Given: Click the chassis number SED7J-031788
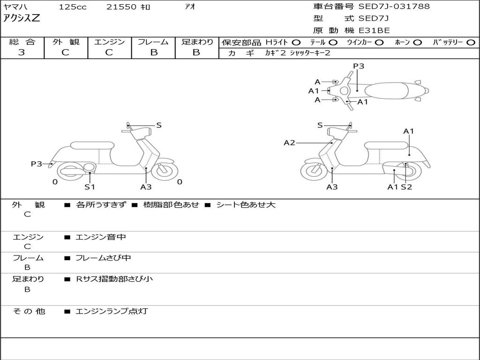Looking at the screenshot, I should (x=394, y=7).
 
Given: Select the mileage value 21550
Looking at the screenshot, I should (x=122, y=7).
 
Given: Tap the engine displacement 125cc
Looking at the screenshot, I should (x=73, y=7).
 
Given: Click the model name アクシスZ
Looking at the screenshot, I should (x=22, y=18).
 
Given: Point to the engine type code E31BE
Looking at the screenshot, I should (x=374, y=30).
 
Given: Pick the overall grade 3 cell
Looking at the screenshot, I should (x=22, y=52).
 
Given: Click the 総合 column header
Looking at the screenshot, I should (x=22, y=42).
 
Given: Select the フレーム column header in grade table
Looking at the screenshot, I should (x=153, y=42).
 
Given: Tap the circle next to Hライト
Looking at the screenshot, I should (x=296, y=42).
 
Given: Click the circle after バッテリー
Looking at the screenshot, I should (x=471, y=42).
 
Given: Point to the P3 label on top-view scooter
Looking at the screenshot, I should (x=359, y=66).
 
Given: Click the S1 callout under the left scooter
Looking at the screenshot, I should (x=90, y=187).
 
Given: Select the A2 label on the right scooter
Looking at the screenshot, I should (x=289, y=142).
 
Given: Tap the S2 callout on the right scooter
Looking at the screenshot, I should (x=406, y=187).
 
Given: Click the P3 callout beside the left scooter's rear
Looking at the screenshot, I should (x=37, y=164).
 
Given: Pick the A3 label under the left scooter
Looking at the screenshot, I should (x=146, y=187).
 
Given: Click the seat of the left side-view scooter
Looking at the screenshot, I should (x=92, y=145).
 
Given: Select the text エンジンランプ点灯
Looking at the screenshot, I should (x=112, y=311).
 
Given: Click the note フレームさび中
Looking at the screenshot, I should (x=103, y=258).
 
